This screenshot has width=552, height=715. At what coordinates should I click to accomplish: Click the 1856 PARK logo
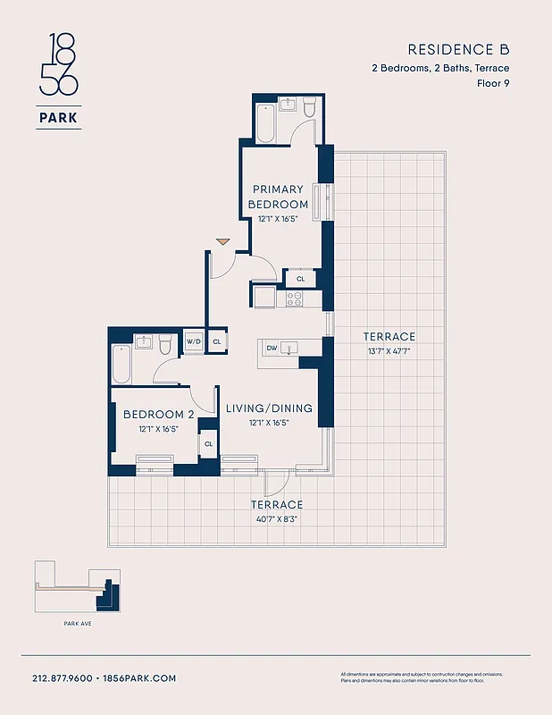pos(60,80)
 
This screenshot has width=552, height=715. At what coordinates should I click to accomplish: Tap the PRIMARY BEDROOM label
pos(278,197)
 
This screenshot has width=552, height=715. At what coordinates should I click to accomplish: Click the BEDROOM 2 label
pos(159,415)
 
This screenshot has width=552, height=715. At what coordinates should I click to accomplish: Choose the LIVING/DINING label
pos(269,408)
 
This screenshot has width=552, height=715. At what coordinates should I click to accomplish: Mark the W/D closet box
pos(194,341)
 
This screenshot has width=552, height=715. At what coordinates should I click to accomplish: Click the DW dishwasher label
pos(272,348)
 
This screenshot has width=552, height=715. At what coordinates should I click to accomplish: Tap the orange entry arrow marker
pos(223,241)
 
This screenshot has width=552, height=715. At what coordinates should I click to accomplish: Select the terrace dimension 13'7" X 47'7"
pos(389,351)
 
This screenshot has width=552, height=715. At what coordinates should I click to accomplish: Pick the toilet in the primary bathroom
pos(309,108)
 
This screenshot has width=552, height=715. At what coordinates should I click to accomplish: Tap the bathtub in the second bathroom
pos(121,365)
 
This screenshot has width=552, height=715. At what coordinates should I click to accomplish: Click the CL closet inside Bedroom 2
pos(208,443)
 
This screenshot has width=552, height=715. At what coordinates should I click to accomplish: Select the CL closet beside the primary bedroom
pos(300,279)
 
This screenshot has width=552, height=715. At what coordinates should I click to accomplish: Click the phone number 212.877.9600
pos(62,678)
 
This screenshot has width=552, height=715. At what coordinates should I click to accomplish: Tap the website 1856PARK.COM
pos(139,678)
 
